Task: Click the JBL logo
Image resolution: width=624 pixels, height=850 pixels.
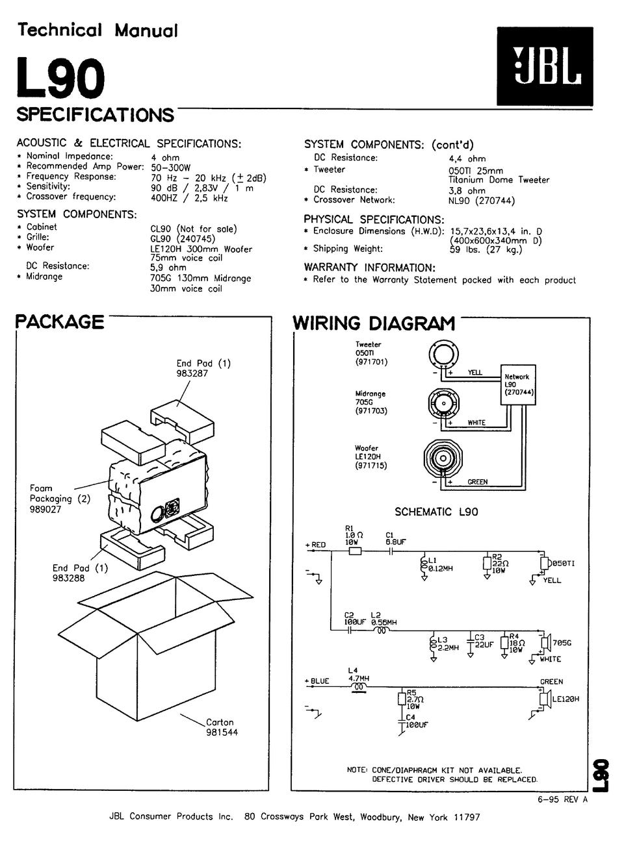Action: coord(545,66)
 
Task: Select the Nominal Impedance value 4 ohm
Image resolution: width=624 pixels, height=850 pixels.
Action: coord(165,158)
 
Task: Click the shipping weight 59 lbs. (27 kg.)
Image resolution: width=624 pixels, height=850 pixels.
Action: coord(486,249)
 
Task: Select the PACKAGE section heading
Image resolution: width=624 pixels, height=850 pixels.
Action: coord(60,322)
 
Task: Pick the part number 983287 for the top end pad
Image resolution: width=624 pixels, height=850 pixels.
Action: coord(192,374)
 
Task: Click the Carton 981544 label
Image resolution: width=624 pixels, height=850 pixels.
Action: coord(221,727)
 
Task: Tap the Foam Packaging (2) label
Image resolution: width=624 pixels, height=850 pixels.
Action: coord(60,499)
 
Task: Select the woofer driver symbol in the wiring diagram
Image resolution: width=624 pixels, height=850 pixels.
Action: coord(442,459)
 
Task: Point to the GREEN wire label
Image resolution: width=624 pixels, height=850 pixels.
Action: coord(478,482)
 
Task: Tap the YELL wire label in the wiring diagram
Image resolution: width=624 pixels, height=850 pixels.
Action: coord(475,373)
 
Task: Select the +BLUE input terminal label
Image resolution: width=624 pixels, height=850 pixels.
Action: coord(318,681)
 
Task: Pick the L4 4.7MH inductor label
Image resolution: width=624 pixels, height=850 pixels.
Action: coord(358,674)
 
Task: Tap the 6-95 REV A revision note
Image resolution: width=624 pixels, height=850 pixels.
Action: coord(563,800)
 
